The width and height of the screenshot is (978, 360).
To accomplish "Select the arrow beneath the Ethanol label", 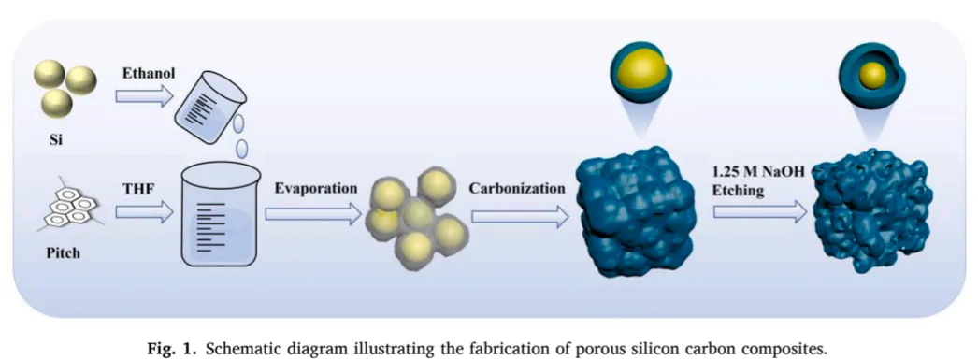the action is pyautogui.click(x=143, y=97).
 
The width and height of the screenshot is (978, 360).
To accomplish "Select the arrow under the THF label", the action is pyautogui.click(x=143, y=212).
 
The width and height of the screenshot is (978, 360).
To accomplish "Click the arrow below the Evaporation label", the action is pyautogui.click(x=313, y=214).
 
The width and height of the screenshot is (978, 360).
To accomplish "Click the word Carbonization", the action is pyautogui.click(x=518, y=188).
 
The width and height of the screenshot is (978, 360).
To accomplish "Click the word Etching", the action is pyautogui.click(x=740, y=191).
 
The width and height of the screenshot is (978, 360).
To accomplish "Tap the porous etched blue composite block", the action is pyautogui.click(x=871, y=211).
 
